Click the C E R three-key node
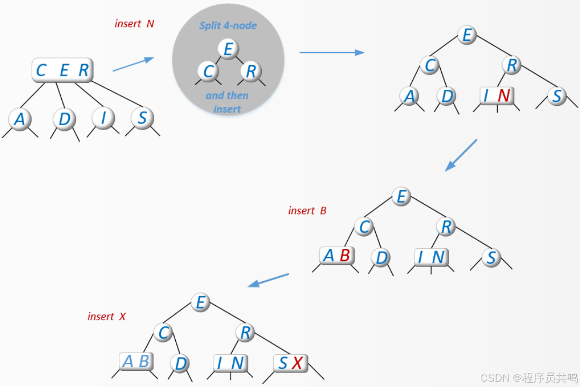point(62,70)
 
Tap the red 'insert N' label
point(134,24)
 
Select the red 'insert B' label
point(307,211)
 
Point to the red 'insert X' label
point(106,317)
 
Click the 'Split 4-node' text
point(228,26)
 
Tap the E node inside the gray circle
point(228,49)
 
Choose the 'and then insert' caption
point(227,102)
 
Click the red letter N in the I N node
point(504,96)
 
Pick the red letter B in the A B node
point(345,256)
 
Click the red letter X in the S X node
point(297,364)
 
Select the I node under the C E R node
point(103,118)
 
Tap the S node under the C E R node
point(142,118)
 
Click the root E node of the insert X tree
point(201,303)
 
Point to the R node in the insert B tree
point(446,227)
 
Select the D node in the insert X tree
point(181,364)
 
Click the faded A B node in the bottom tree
point(135,362)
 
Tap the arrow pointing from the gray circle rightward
point(331,52)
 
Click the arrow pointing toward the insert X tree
point(269,280)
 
